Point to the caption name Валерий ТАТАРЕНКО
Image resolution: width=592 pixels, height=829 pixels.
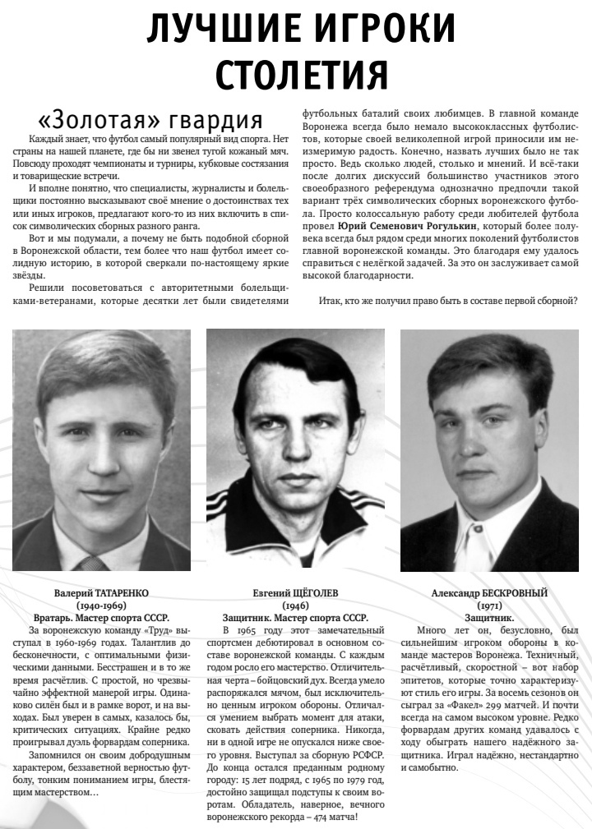[x=101, y=592]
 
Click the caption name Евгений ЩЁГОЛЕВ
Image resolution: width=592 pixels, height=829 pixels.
[x=295, y=592]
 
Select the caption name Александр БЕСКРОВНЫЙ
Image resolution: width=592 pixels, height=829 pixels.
[x=489, y=592]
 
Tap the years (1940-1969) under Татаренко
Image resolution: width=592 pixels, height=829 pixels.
[x=101, y=605]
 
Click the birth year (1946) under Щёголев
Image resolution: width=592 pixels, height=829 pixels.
[x=295, y=605]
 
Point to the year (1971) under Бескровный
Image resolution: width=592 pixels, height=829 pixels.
[x=489, y=605]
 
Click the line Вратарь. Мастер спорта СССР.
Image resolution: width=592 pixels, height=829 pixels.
[x=101, y=617]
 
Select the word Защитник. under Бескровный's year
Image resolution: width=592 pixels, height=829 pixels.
[x=489, y=617]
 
